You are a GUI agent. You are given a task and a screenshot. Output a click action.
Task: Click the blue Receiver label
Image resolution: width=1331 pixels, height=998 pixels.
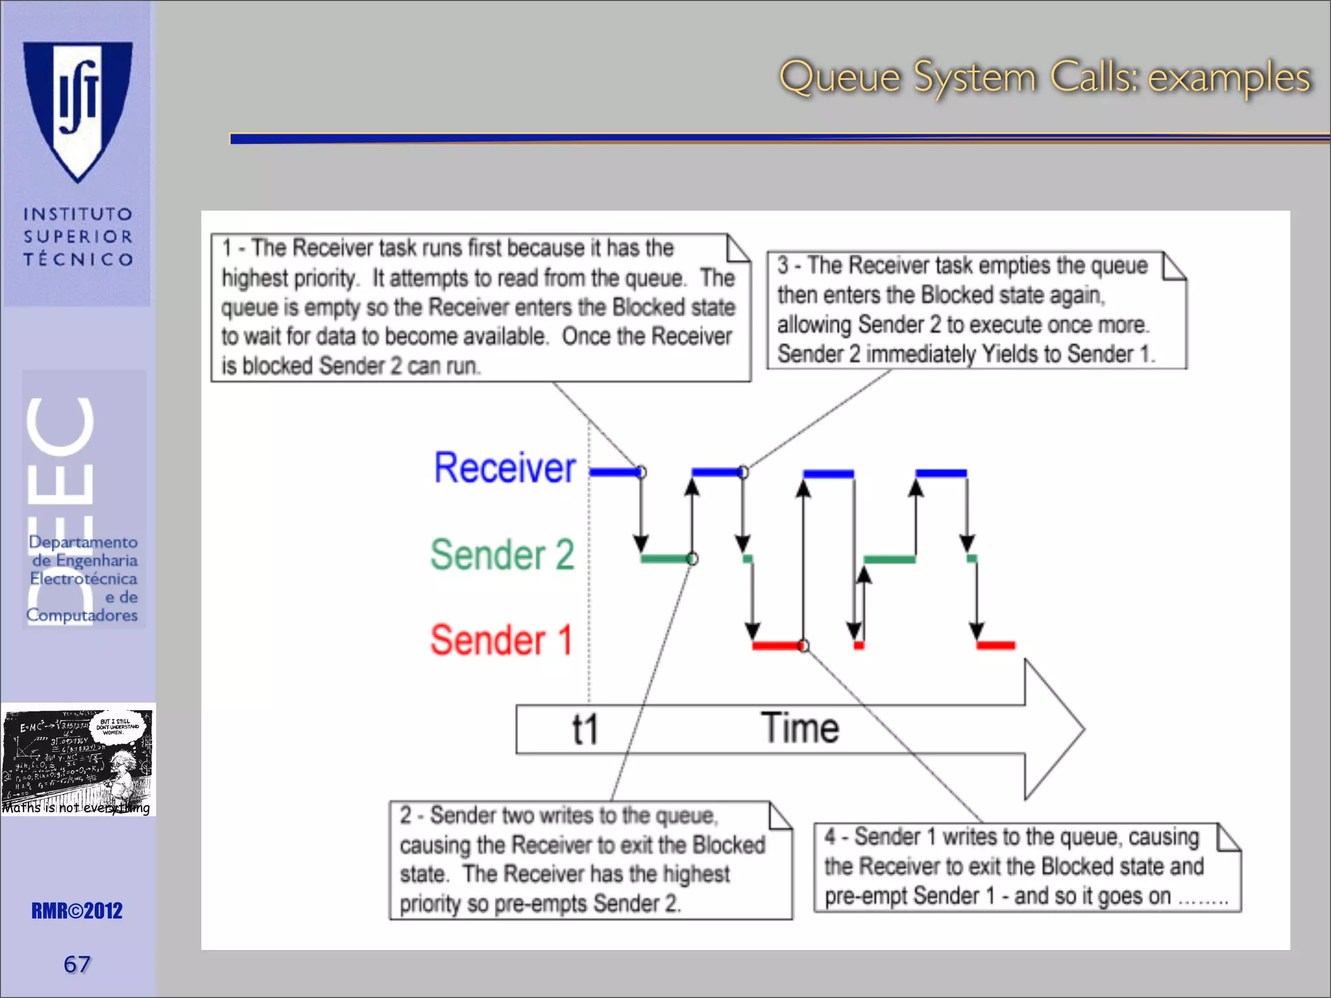[504, 468]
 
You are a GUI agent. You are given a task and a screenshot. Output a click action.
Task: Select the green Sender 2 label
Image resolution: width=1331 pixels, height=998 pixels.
[502, 555]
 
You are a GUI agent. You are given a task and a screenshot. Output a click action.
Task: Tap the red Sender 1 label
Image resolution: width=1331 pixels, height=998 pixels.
[500, 641]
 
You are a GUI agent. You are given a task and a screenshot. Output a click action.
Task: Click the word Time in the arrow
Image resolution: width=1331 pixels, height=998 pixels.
[800, 728]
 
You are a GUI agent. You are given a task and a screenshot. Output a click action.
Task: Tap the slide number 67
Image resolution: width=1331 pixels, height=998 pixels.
[77, 964]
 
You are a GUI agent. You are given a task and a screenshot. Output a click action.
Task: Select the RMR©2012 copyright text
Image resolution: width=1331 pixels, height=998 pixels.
[77, 911]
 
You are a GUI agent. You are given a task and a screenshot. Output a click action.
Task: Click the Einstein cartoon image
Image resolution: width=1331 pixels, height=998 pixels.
[78, 759]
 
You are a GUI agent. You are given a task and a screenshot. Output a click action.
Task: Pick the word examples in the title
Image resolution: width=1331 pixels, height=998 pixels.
[1228, 78]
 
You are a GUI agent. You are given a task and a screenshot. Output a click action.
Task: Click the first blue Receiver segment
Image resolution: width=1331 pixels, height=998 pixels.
[614, 472]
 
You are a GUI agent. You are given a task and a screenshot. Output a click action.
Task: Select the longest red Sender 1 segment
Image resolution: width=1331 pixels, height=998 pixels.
[777, 646]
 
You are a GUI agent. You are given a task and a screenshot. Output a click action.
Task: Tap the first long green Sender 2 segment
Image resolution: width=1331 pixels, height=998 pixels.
[665, 559]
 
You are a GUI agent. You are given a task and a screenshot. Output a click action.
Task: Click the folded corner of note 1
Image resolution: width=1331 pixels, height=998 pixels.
[738, 247]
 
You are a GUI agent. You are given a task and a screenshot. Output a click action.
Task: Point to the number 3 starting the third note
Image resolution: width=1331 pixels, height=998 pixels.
[783, 266]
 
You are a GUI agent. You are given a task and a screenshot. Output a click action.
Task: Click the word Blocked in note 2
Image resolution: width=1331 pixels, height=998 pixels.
[729, 845]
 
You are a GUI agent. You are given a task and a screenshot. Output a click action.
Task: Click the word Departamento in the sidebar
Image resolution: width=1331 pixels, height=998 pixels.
[83, 542]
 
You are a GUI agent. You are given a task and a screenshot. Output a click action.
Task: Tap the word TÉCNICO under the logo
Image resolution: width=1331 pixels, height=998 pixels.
[78, 260]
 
